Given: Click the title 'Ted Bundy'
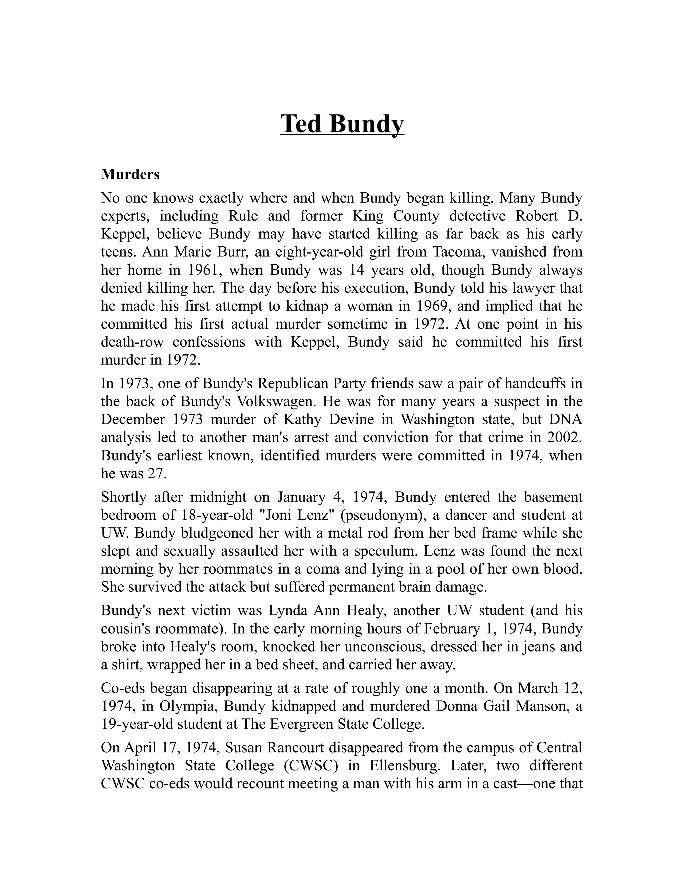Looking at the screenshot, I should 342,124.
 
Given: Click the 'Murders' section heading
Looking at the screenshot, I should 130,175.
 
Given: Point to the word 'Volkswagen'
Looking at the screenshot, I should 274,401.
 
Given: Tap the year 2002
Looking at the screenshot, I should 564,437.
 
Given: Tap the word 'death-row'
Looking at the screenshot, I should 132,342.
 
